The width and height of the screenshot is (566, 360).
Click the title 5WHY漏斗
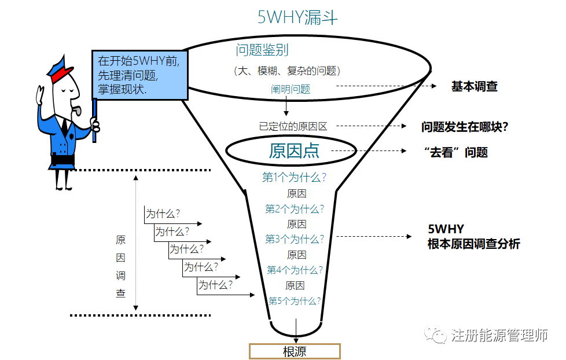297,18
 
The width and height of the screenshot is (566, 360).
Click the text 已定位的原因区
293,126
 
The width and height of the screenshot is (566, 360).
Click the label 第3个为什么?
295,238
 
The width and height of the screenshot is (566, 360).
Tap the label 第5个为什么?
295,300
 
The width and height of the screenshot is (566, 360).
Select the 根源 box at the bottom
295,351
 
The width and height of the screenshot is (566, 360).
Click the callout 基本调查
474,87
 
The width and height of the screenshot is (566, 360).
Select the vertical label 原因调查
120,267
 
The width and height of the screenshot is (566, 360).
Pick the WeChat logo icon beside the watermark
436,335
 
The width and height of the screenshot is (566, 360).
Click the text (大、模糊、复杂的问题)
287,71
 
